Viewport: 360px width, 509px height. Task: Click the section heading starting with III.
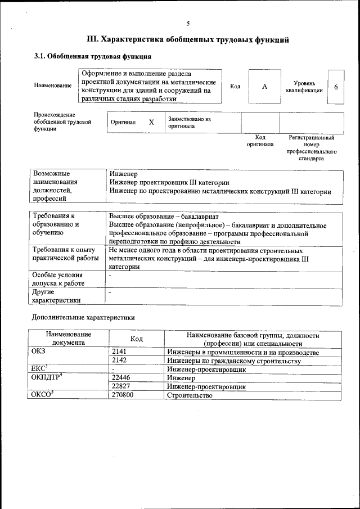pos(188,40)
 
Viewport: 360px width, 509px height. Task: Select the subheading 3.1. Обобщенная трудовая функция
pos(93,57)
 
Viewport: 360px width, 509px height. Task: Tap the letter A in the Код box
pos(264,86)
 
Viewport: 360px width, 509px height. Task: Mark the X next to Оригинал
pos(151,122)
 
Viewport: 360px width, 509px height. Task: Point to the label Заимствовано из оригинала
pos(188,123)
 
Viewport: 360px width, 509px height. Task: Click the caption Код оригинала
pos(260,141)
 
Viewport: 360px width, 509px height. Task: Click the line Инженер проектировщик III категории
pos(169,183)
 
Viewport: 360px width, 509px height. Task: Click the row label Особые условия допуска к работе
pos(58,280)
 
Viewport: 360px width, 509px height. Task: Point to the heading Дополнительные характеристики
pos(83,318)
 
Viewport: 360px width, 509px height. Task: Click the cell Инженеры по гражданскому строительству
pos(233,361)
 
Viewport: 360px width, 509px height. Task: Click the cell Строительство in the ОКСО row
pos(190,395)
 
